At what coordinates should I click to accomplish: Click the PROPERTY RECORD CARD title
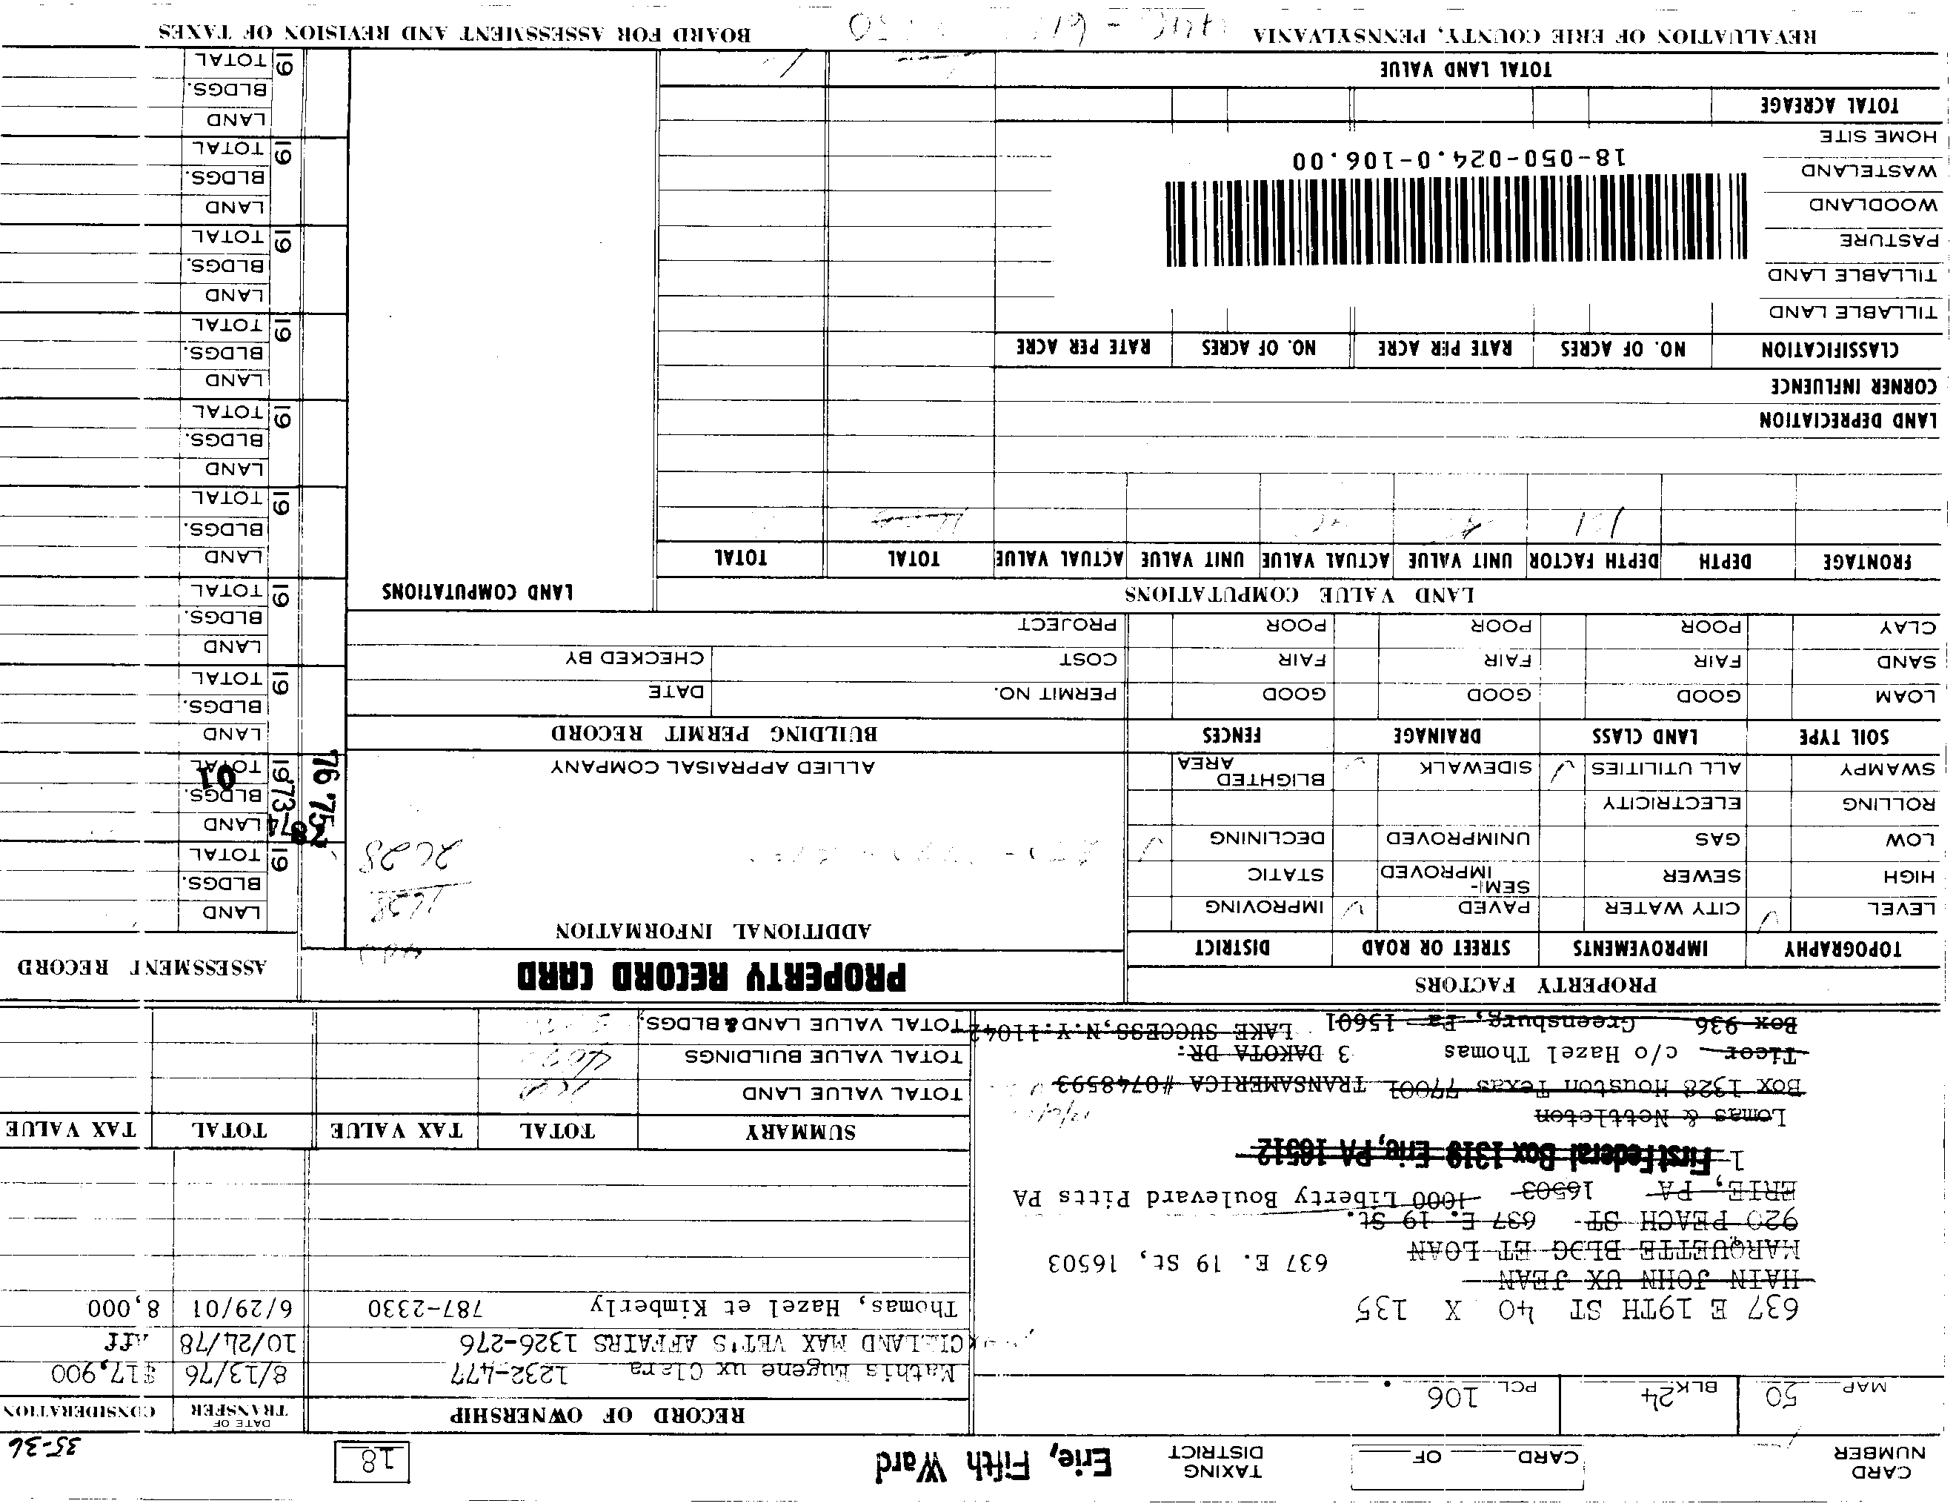[712, 975]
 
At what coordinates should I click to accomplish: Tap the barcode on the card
[1455, 223]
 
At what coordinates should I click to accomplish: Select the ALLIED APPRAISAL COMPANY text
[713, 768]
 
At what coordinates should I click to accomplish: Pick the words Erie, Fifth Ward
[994, 1465]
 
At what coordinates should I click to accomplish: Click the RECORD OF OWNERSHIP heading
[596, 1415]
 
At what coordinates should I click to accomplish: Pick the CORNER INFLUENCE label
[1853, 387]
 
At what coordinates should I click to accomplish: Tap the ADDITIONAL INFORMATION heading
[713, 931]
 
